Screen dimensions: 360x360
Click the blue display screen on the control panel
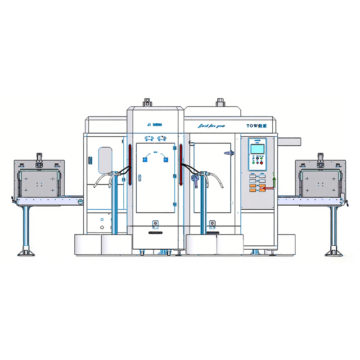[257, 148]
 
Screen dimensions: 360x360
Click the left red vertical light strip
[129, 165]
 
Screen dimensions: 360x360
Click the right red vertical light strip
[181, 165]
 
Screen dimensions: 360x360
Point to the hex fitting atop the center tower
[147, 101]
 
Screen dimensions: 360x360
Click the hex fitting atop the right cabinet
[220, 102]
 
